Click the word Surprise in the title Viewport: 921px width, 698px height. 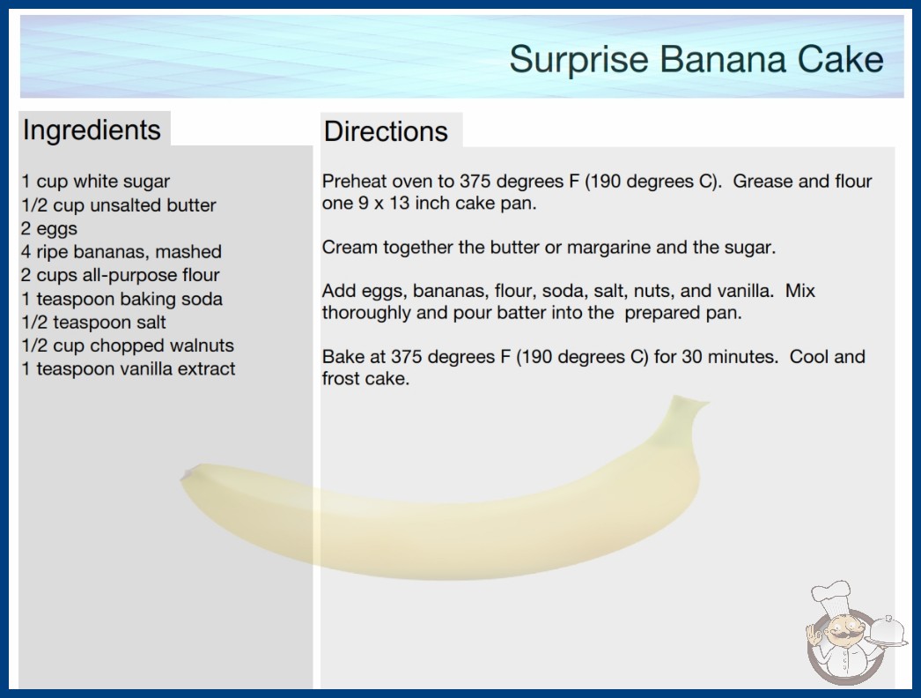(x=578, y=60)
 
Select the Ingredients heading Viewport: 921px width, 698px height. (x=92, y=130)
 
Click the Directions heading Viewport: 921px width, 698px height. (x=386, y=131)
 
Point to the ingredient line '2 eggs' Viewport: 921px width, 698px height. (x=49, y=229)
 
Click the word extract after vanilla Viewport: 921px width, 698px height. (x=206, y=368)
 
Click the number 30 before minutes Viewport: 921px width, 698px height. (x=692, y=356)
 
